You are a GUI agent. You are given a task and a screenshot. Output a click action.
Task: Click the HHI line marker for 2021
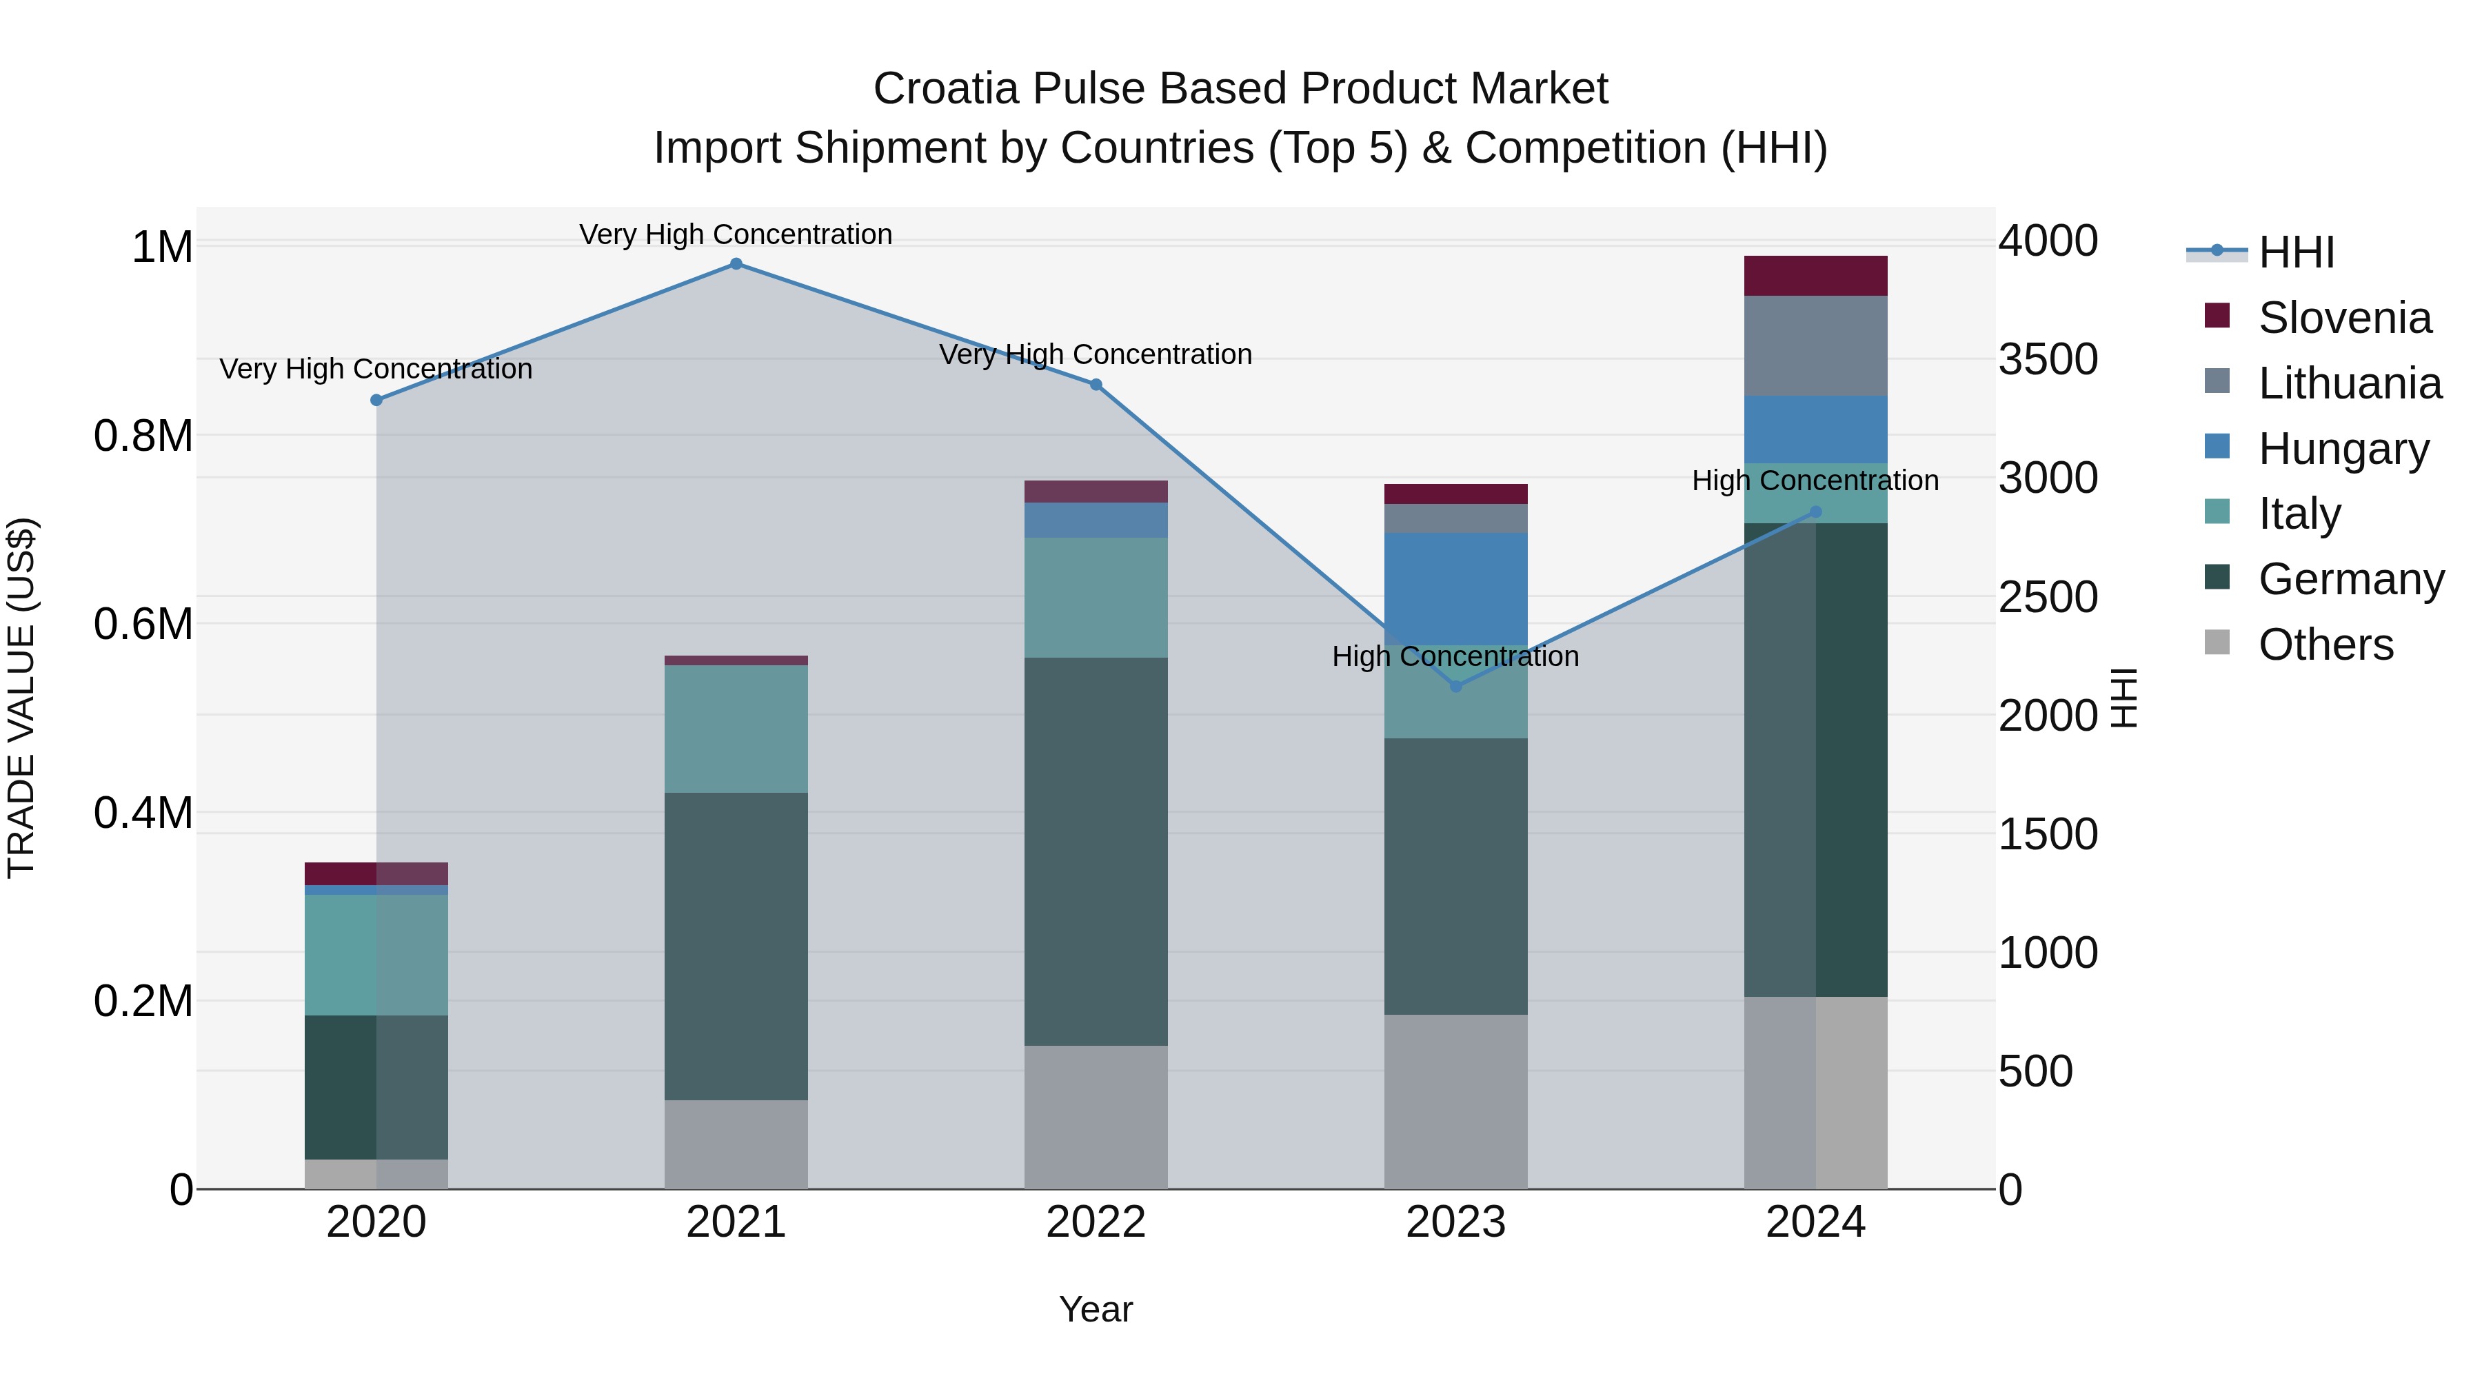[736, 264]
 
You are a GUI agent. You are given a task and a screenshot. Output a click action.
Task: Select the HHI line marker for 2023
[1456, 686]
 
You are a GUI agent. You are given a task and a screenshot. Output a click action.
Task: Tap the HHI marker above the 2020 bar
[376, 400]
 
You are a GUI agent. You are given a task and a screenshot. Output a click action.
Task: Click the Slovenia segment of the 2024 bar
[1815, 276]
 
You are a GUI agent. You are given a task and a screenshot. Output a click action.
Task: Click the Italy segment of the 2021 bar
[736, 729]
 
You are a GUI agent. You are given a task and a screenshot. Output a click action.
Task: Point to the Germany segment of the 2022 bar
[1096, 851]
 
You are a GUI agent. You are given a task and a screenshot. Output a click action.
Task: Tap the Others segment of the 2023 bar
[1456, 1100]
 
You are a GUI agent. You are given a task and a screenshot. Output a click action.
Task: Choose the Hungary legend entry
[2343, 449]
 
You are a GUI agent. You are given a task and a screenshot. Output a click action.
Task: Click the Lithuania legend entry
[2349, 383]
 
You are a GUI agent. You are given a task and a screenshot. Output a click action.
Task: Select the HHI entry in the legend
[2295, 252]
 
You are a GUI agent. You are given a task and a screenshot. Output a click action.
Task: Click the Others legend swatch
[2217, 643]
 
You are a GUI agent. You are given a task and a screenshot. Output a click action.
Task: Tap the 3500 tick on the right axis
[2048, 359]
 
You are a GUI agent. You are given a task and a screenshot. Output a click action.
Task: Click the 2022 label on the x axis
[1096, 1222]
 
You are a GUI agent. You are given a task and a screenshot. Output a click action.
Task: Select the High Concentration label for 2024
[1815, 480]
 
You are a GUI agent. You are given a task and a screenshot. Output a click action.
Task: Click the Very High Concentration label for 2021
[736, 234]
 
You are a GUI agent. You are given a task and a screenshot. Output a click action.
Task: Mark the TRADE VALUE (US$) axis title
[21, 698]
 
